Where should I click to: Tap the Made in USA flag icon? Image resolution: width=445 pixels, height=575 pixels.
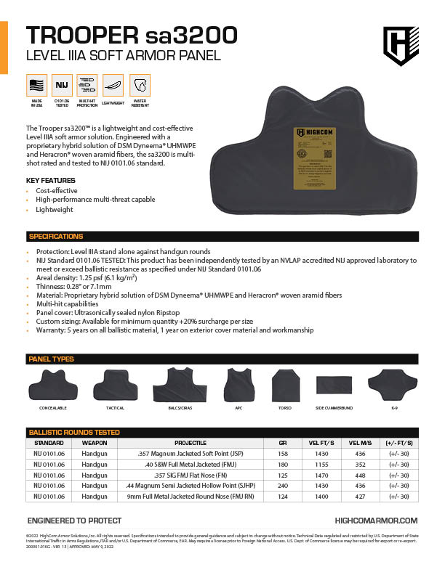(36, 86)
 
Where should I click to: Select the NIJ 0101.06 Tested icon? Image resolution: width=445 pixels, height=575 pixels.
(62, 86)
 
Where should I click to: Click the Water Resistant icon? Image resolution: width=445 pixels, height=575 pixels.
(139, 86)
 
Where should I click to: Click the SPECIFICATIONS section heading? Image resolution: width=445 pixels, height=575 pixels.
(56, 236)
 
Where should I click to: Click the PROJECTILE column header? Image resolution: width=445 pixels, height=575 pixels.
(191, 442)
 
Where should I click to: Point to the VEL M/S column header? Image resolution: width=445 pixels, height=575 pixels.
(360, 442)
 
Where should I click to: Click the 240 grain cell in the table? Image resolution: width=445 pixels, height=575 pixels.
(283, 486)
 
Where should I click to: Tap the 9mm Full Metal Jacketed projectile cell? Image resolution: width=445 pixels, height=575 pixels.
(191, 497)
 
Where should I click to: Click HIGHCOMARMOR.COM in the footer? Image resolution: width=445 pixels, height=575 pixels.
(376, 521)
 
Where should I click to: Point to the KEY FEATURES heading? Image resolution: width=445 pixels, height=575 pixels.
(50, 180)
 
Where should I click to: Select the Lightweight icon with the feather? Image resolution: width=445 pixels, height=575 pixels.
(113, 86)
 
